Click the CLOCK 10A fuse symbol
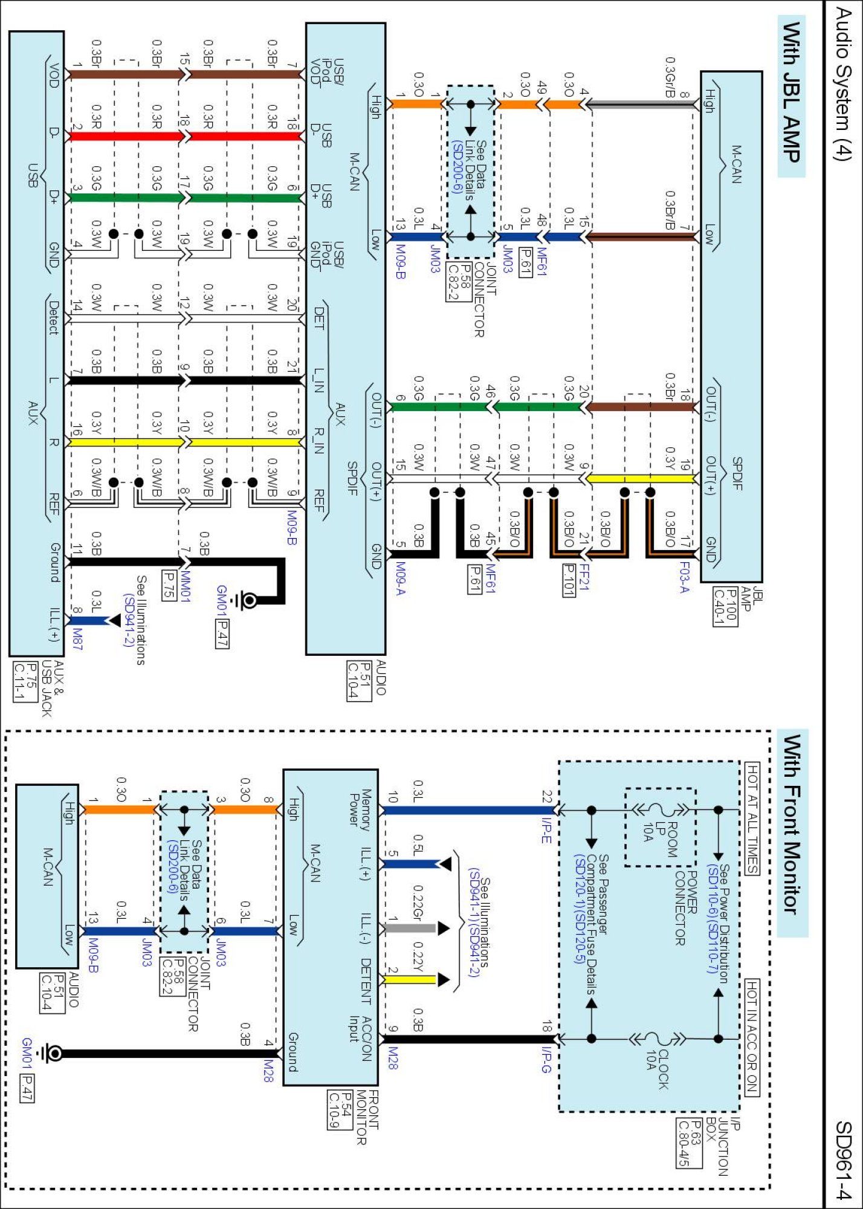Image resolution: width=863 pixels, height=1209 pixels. click(x=656, y=1039)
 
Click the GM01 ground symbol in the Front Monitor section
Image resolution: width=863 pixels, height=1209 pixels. click(x=51, y=1054)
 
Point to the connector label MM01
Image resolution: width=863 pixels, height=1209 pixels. click(x=186, y=586)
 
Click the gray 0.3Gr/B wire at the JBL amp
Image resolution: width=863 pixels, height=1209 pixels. click(x=641, y=104)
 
